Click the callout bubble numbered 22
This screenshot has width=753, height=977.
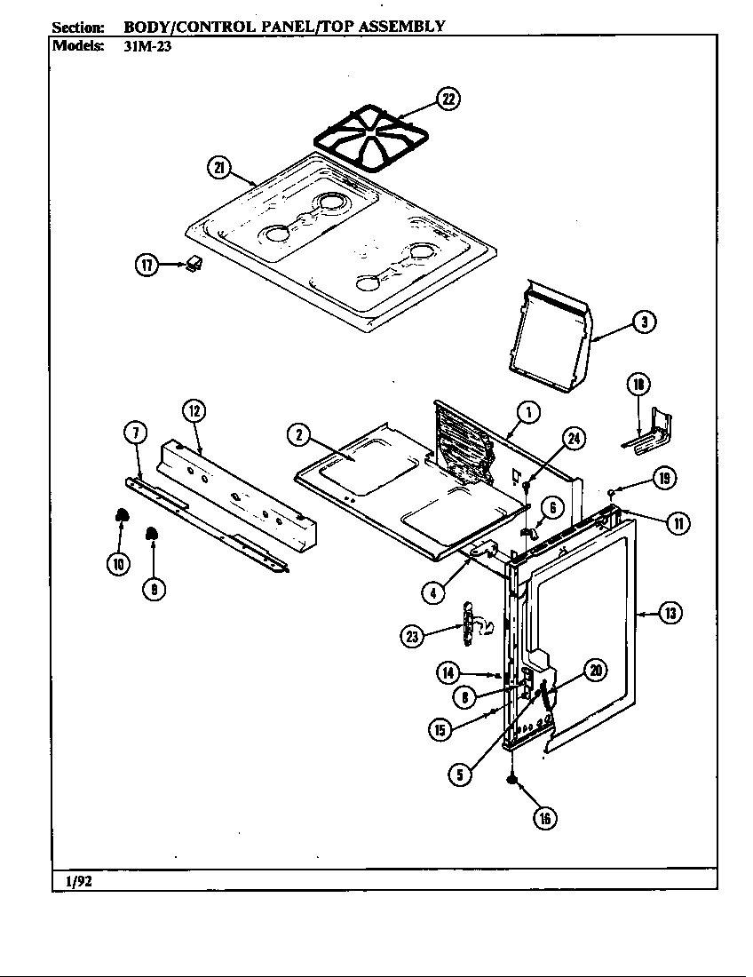point(450,99)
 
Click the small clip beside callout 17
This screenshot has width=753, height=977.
point(194,263)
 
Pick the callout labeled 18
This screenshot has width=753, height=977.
point(638,384)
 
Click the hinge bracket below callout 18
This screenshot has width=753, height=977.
point(648,434)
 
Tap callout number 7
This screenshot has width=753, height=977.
point(134,433)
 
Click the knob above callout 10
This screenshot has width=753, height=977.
point(122,517)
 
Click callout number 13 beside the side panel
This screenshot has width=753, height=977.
point(671,612)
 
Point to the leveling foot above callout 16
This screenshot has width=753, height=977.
point(512,779)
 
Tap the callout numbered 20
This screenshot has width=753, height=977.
point(595,671)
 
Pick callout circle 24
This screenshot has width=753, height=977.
point(575,436)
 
